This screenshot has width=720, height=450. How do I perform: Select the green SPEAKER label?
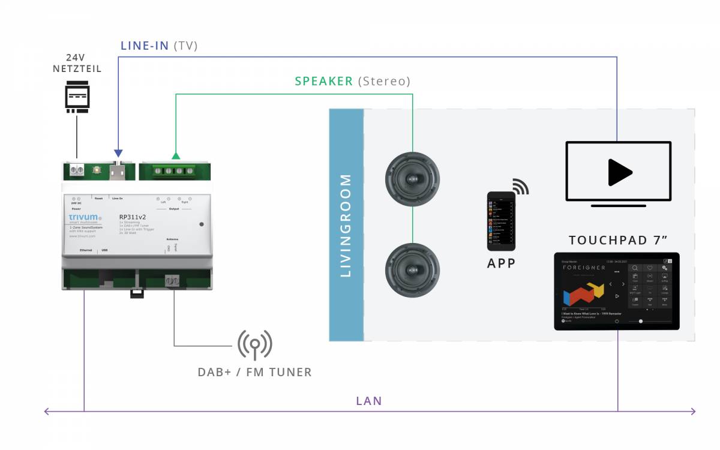[324, 81]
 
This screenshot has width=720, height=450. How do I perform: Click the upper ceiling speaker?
[412, 179]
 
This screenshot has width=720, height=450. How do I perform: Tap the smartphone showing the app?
[501, 221]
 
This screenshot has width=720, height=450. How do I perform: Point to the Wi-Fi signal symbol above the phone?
[520, 187]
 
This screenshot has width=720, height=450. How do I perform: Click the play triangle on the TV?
[619, 172]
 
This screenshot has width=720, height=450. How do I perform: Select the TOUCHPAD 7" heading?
[618, 241]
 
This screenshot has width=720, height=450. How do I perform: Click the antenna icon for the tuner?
[255, 344]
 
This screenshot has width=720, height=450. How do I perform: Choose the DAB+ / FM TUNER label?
[254, 373]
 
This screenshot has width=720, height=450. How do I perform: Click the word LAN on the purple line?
[368, 401]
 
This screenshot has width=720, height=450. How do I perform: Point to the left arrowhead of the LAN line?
[46, 411]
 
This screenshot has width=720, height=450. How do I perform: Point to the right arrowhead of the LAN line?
[694, 411]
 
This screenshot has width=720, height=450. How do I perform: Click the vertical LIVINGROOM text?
[346, 225]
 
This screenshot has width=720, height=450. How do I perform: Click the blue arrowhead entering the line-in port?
[118, 154]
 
